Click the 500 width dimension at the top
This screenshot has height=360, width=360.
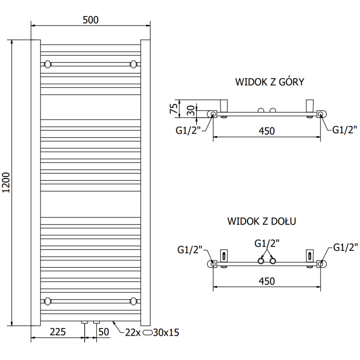[90, 20]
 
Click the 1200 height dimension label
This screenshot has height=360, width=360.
[6, 182]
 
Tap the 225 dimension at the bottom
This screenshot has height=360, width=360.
[57, 332]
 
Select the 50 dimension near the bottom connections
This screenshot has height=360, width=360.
[103, 332]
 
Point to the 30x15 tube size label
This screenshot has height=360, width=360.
[166, 333]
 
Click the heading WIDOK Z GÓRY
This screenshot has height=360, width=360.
[270, 82]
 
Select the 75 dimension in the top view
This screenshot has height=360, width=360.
[173, 108]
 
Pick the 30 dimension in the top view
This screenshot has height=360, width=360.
[190, 110]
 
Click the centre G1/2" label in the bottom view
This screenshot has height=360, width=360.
[267, 243]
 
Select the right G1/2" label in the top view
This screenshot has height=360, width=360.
[345, 130]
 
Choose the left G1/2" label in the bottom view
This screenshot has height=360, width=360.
[190, 249]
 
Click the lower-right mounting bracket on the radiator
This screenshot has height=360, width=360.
[133, 301]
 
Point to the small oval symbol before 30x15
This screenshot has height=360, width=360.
[148, 333]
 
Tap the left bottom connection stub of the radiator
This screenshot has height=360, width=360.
[84, 322]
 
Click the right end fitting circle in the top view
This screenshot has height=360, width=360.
[321, 114]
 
